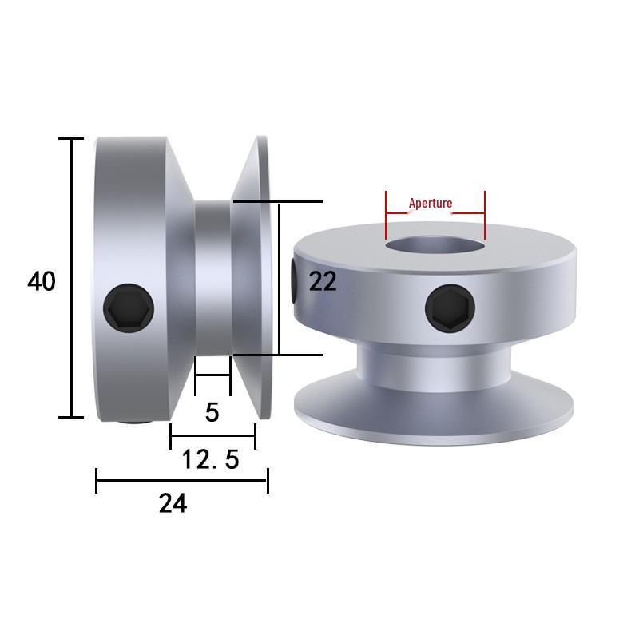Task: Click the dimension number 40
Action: [x=42, y=281]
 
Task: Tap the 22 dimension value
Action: [x=323, y=281]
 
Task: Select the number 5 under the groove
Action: [x=212, y=412]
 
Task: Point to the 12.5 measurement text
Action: [x=210, y=459]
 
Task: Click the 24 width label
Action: [x=173, y=503]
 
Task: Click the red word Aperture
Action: [x=431, y=203]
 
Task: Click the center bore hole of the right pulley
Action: [x=434, y=244]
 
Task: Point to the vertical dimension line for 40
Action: [x=72, y=277]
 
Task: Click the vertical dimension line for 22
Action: [x=280, y=278]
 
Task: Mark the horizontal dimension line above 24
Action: [x=181, y=480]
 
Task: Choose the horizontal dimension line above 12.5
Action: [x=212, y=436]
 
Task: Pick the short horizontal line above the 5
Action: [x=212, y=375]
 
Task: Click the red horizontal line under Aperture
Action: [x=435, y=213]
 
